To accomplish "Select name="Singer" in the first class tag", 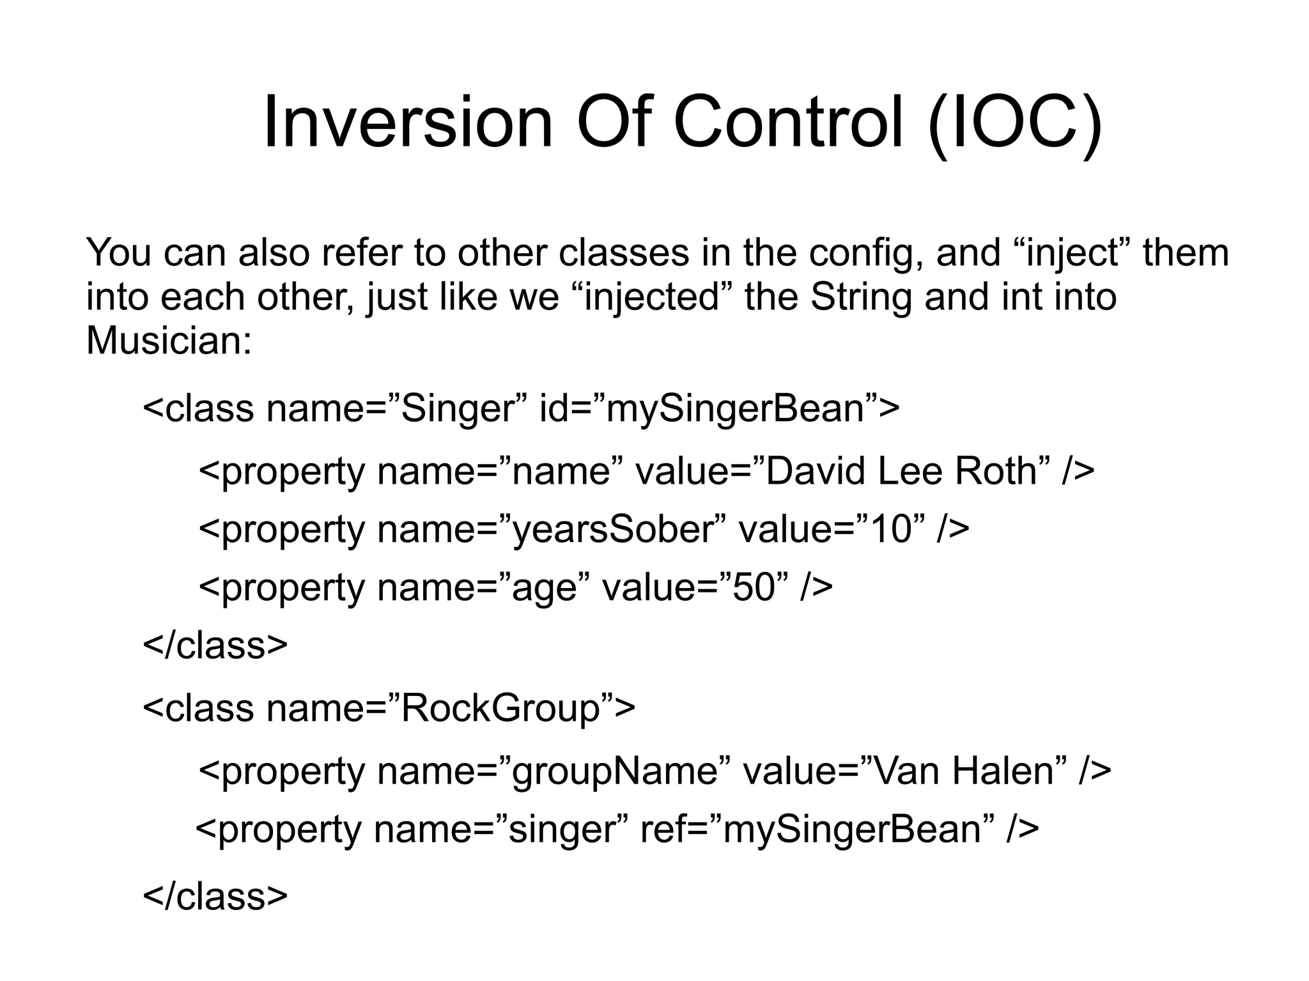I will coord(396,409).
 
